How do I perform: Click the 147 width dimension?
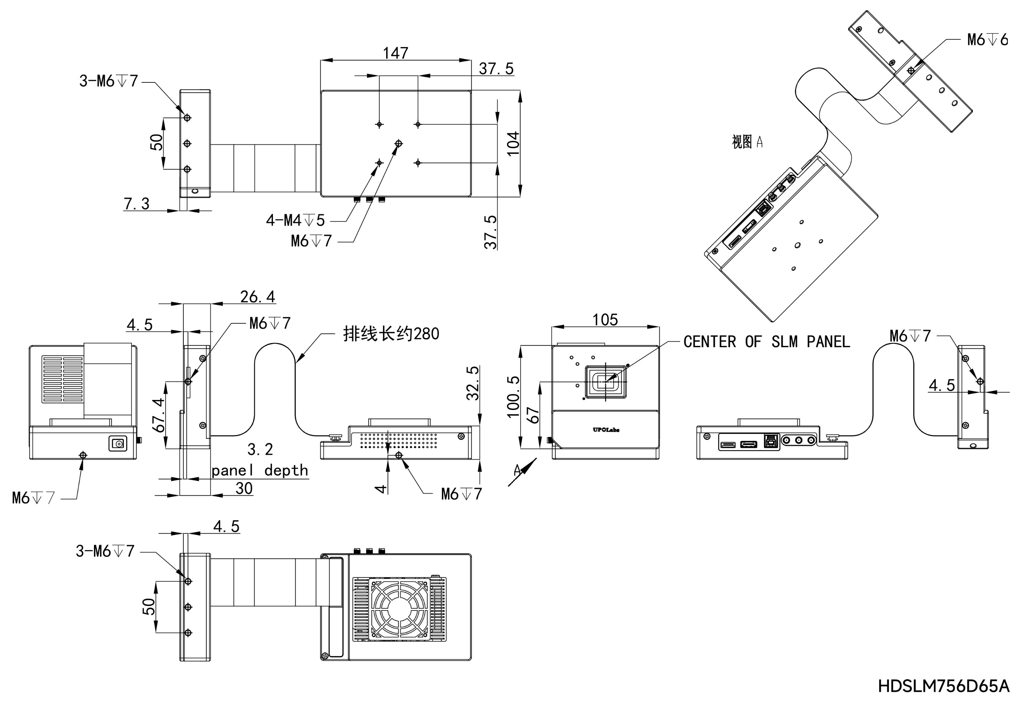pyautogui.click(x=395, y=53)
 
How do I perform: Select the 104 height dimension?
pyautogui.click(x=513, y=143)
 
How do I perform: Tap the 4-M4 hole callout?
pyautogui.click(x=295, y=220)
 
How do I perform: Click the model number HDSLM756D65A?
pyautogui.click(x=943, y=686)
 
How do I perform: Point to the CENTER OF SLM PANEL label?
pyautogui.click(x=766, y=342)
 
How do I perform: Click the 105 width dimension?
pyautogui.click(x=605, y=320)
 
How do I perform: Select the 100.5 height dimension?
pyautogui.click(x=513, y=397)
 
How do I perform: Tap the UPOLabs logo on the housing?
pyautogui.click(x=606, y=430)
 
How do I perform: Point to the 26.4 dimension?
pyautogui.click(x=257, y=297)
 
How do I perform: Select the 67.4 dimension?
pyautogui.click(x=159, y=415)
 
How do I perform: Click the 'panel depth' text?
pyautogui.click(x=260, y=471)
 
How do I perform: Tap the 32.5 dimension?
pyautogui.click(x=472, y=383)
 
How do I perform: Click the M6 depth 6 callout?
pyautogui.click(x=987, y=40)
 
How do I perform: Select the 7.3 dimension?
pyautogui.click(x=136, y=204)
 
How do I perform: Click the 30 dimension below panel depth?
pyautogui.click(x=244, y=488)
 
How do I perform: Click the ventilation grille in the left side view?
pyautogui.click(x=62, y=379)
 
